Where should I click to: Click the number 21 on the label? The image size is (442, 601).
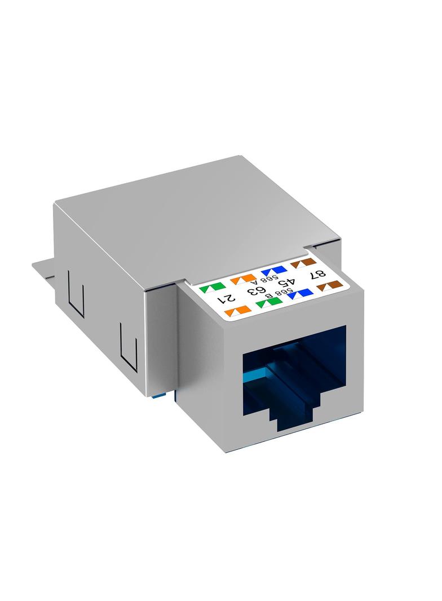click(x=225, y=298)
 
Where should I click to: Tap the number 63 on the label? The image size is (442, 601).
click(x=257, y=291)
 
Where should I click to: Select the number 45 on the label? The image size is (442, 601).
click(x=286, y=283)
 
